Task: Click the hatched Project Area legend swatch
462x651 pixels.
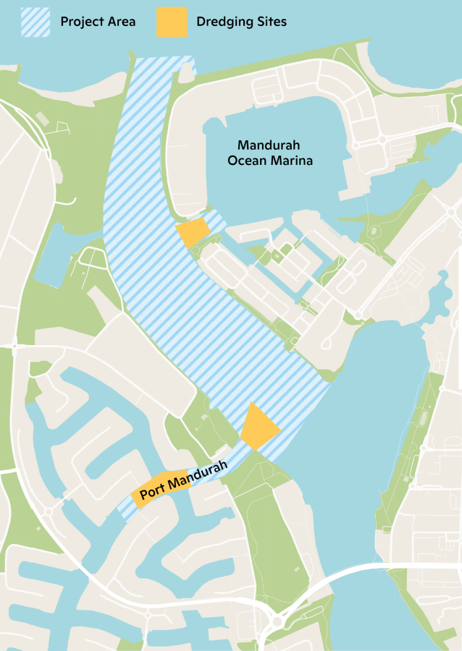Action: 36,22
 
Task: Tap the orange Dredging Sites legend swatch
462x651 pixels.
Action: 171,22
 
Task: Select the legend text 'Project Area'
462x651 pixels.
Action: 98,22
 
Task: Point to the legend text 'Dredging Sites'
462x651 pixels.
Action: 241,22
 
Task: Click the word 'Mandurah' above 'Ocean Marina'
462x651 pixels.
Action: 270,145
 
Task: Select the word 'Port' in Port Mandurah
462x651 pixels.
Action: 153,493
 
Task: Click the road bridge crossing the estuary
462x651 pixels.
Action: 377,568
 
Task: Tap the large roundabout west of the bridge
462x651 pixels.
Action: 277,621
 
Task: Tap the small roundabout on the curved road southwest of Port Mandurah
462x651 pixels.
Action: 49,511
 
